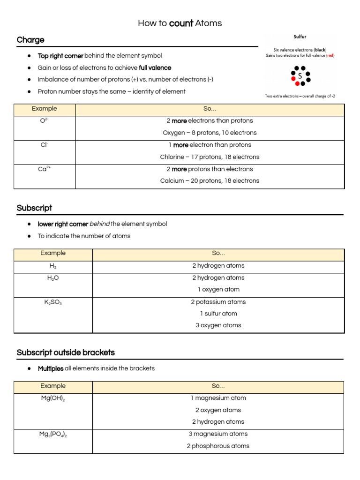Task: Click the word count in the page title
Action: point(181,23)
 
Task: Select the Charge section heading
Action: point(30,40)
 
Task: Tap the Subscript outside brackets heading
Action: point(66,352)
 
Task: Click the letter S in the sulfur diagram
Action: point(300,75)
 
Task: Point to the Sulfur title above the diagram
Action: point(300,37)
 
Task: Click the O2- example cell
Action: point(45,121)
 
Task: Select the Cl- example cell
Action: point(45,145)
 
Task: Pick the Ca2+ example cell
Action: point(45,169)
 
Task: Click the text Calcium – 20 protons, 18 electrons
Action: point(210,181)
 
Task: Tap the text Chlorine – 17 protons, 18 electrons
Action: point(210,157)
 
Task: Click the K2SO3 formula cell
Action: point(53,302)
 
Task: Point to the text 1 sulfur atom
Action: point(218,314)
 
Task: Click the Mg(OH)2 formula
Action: point(53,398)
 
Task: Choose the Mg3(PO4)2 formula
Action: point(53,435)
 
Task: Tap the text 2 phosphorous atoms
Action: point(218,446)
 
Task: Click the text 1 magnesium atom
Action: point(218,398)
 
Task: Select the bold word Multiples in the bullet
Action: point(51,368)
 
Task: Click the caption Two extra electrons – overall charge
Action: point(300,96)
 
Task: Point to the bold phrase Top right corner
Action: point(60,56)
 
